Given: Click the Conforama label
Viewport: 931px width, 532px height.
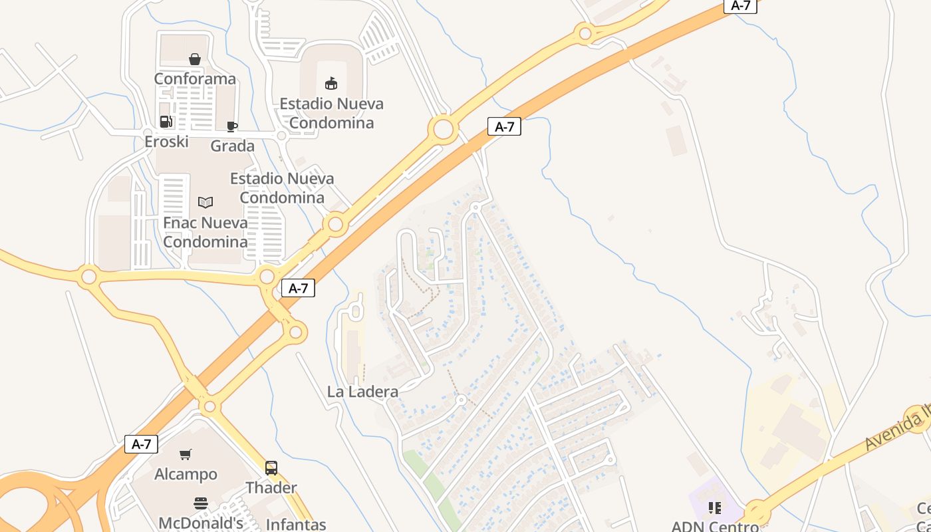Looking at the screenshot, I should click(x=195, y=79).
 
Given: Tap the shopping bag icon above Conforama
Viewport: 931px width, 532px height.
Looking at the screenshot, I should click(x=195, y=60).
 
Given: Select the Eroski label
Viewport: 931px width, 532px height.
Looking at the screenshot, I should click(x=166, y=142).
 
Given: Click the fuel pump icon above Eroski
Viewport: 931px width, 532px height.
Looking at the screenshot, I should click(x=166, y=122).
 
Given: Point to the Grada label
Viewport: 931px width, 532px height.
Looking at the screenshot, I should click(x=232, y=146).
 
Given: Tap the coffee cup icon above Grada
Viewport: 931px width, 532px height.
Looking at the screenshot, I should click(x=232, y=126).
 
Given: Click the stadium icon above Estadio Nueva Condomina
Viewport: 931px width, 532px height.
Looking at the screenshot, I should click(x=331, y=83).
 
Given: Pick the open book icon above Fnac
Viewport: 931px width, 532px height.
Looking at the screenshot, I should click(x=205, y=202).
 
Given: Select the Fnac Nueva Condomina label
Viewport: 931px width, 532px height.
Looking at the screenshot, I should click(x=205, y=232).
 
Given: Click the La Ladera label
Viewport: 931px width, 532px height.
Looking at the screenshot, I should click(x=362, y=392).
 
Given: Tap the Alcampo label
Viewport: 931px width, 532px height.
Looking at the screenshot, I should click(x=186, y=475).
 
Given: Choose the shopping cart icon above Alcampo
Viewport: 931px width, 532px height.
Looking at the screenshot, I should click(x=186, y=455).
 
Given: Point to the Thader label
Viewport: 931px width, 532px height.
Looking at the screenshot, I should click(x=271, y=487).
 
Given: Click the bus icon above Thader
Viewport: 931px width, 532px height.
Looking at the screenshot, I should click(x=271, y=468).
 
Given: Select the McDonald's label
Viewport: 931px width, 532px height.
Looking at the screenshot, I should click(x=201, y=523).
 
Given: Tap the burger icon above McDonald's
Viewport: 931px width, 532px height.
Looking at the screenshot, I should click(x=201, y=503).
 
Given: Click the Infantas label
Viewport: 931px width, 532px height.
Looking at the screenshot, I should click(x=296, y=525).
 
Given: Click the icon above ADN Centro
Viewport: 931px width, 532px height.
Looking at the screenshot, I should click(x=715, y=509).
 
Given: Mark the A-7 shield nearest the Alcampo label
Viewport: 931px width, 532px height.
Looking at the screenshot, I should click(x=141, y=444).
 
